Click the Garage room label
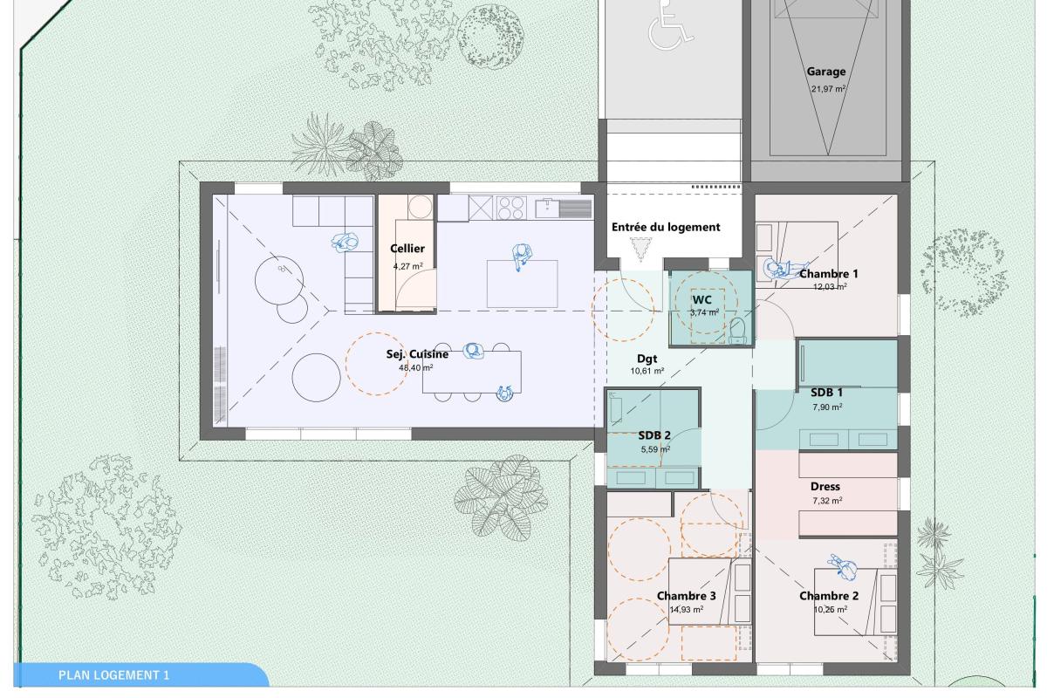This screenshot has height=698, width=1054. [825, 72]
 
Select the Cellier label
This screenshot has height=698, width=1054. [407, 249]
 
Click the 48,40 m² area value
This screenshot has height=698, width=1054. [416, 367]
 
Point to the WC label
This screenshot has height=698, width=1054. [702, 300]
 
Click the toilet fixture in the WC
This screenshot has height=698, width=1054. [737, 330]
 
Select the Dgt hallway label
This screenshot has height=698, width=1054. [647, 359]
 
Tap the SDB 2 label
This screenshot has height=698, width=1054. [654, 436]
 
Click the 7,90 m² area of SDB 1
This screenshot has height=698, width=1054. [827, 407]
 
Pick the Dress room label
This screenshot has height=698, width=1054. [825, 486]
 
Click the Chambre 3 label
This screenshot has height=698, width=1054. [686, 596]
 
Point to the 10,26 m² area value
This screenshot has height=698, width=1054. [831, 610]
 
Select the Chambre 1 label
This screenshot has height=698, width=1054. [829, 273]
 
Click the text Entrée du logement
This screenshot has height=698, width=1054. [666, 228]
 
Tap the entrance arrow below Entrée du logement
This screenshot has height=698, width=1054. [640, 249]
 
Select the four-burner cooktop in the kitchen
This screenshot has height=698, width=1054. [511, 208]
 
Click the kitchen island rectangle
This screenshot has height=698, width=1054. [522, 284]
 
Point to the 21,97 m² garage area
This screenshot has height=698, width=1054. [828, 89]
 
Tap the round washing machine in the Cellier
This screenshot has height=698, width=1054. [420, 206]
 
